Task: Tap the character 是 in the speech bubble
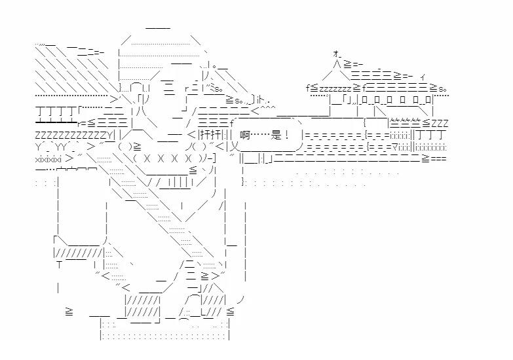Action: (x=276, y=135)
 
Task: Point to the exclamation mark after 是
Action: (x=286, y=135)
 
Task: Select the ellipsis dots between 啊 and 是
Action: (x=261, y=135)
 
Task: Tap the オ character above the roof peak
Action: (x=336, y=53)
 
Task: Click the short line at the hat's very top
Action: (x=157, y=28)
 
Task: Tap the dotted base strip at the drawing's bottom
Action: (x=164, y=336)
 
